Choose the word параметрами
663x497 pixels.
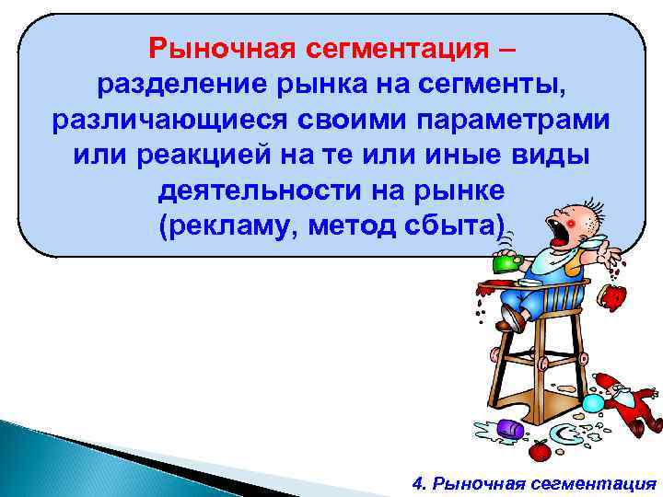(x=506, y=121)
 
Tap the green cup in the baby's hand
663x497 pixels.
(x=506, y=262)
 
